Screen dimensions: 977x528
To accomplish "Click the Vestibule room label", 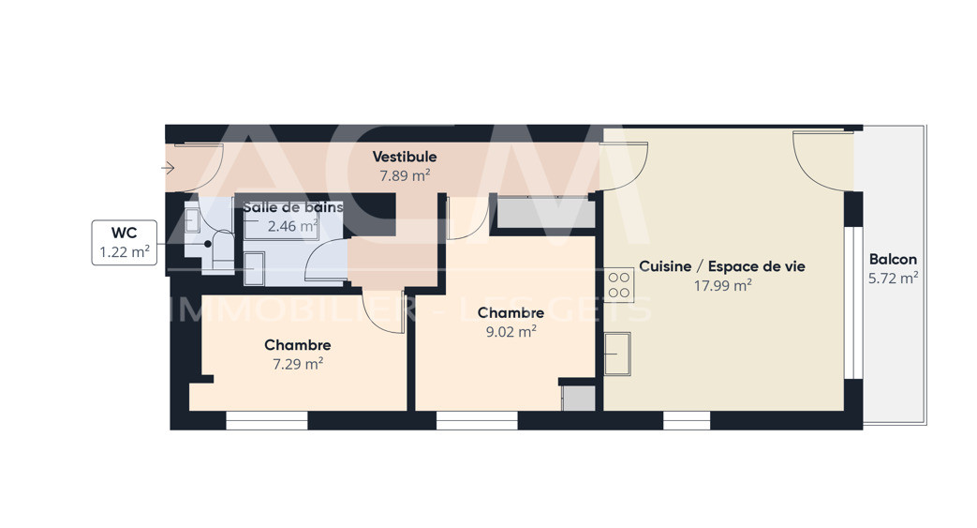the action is pos(405,157).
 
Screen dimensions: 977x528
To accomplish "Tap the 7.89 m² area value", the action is pos(405,175).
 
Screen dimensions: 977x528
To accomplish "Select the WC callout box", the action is pos(125,242).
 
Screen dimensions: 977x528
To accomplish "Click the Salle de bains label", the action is pos(293,207).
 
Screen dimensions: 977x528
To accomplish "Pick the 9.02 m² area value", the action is pos(511,331).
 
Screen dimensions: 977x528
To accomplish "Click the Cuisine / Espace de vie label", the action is pos(722,266).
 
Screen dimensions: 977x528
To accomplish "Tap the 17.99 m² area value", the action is pos(723,285).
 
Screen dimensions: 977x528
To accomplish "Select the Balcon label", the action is pos(893,259).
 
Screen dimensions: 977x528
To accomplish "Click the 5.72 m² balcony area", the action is pos(893,278).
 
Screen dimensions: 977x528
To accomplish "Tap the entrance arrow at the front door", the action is pos(168,168).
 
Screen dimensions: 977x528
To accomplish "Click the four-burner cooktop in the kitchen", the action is pos(619,285).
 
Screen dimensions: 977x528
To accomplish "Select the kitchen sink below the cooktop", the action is pos(617,354).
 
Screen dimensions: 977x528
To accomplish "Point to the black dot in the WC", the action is pos(208,244).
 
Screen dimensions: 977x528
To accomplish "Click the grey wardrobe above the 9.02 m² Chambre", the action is pos(542,213).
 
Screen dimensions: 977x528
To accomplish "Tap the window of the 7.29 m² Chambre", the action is pos(267,421).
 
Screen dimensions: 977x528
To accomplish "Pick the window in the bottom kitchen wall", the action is pos(687,421).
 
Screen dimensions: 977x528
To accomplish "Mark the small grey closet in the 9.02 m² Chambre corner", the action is pos(579,399).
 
